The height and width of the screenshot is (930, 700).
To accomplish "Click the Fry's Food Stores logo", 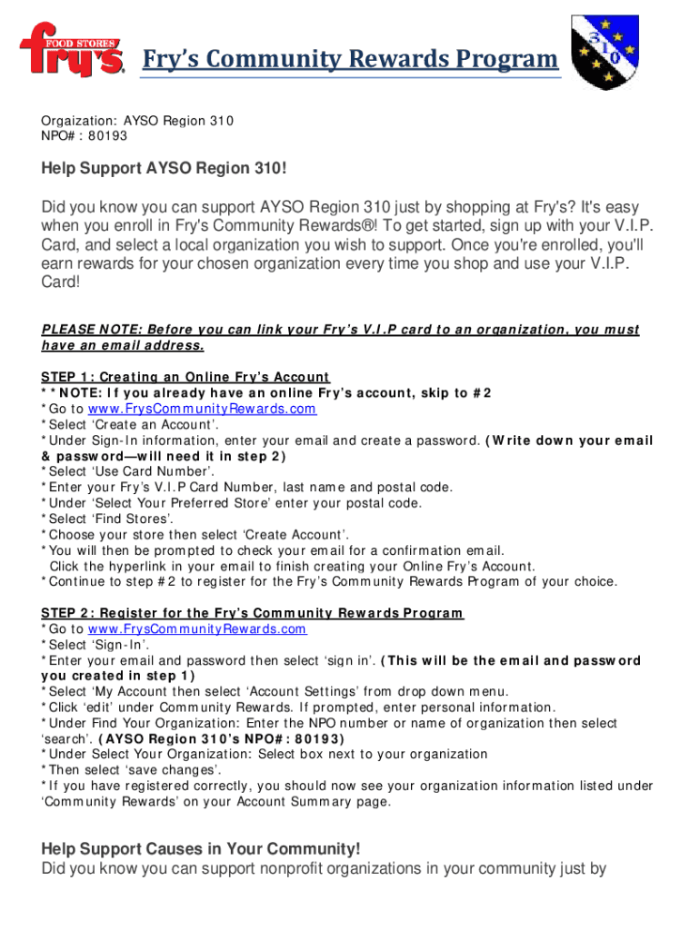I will [x=72, y=51].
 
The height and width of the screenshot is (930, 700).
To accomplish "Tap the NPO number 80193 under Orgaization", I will [x=108, y=136].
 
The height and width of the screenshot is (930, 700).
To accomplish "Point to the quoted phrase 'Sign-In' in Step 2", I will [x=120, y=645].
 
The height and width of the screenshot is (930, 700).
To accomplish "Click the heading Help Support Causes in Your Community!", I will [x=201, y=849].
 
